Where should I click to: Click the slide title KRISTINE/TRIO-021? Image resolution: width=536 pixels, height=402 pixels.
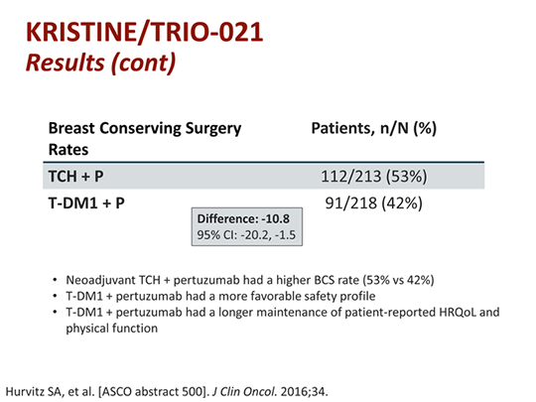tap(144, 32)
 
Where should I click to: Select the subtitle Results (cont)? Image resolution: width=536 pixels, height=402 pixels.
tap(101, 64)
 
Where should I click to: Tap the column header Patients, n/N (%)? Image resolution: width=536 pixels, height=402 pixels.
tap(373, 128)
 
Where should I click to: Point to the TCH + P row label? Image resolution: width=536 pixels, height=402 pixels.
tap(75, 177)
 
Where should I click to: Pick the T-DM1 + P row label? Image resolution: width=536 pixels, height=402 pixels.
tap(86, 203)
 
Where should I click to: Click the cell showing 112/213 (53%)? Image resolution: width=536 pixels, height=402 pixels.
tap(374, 177)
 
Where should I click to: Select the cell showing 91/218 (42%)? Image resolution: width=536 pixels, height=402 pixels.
tap(373, 203)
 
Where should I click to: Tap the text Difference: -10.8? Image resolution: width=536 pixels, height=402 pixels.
tap(243, 218)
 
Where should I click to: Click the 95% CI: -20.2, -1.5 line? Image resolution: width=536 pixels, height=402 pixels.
tap(246, 235)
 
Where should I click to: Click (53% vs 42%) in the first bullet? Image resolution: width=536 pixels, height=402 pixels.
tap(398, 280)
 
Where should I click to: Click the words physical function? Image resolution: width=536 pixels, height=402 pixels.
tap(112, 329)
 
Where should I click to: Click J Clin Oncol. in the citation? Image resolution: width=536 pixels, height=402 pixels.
tap(244, 392)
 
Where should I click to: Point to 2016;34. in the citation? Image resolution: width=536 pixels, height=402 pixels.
tap(304, 392)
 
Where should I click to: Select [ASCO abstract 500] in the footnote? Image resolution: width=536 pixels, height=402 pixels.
tap(152, 392)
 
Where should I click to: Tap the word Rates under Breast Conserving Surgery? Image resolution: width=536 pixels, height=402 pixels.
tap(68, 150)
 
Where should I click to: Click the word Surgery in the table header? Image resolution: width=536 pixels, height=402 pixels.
tap(213, 129)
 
